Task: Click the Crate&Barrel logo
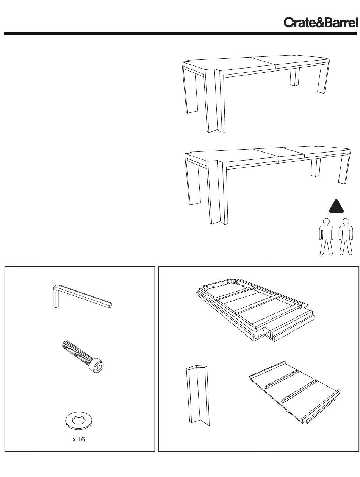pos(320,23)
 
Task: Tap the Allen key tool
pos(82,297)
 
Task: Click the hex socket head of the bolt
pos(98,366)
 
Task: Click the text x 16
pos(78,440)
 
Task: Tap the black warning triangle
pos(336,206)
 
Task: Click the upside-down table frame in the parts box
pos(255,311)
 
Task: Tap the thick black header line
pos(180,33)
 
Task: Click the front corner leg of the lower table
pos(218,192)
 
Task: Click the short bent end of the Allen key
pos(56,297)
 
